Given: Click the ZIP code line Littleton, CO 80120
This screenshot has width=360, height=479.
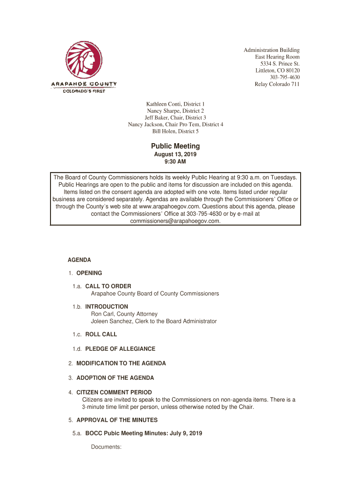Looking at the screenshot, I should click(277, 70).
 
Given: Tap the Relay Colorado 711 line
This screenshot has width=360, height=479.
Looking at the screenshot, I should click(277, 84).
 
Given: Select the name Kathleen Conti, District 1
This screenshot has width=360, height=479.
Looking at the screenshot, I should click(175, 104).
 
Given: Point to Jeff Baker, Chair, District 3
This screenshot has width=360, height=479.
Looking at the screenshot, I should click(175, 117).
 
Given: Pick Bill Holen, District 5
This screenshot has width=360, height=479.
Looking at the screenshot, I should click(175, 131).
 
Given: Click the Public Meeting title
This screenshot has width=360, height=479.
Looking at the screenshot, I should click(175, 146).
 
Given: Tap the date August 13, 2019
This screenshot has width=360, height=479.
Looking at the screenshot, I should click(175, 154).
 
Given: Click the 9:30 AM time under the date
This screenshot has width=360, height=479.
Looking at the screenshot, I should click(175, 162).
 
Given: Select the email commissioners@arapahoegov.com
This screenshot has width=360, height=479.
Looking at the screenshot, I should click(175, 221).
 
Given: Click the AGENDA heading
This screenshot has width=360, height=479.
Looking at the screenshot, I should click(79, 260).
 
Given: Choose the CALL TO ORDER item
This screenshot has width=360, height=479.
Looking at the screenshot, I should click(108, 286).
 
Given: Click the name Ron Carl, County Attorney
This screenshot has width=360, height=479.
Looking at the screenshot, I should click(124, 314).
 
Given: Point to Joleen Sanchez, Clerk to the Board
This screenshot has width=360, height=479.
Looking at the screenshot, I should click(153, 321).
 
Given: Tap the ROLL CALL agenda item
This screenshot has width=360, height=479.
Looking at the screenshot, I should click(101, 334).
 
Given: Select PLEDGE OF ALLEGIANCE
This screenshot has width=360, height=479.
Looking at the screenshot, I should click(120, 349).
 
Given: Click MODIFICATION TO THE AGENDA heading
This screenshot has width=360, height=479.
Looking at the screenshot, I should click(121, 363).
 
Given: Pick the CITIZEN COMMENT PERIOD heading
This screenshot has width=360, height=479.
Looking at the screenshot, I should click(114, 392).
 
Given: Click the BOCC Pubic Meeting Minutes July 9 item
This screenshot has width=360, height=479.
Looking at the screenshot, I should click(144, 434).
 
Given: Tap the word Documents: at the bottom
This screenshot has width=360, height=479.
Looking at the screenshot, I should click(106, 447).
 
